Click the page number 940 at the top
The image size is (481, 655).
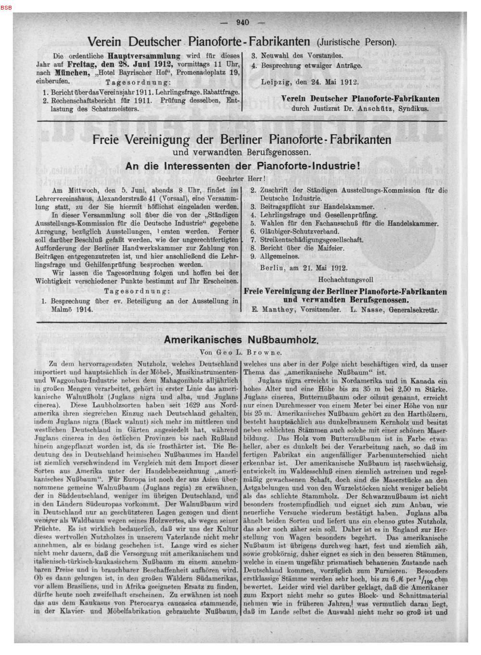(241, 22)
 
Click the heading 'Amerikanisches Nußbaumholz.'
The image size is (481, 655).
(241, 339)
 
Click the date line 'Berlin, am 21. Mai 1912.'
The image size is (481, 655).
(304, 268)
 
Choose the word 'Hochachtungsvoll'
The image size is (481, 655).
(345, 279)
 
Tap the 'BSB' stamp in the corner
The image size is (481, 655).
(6, 8)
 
